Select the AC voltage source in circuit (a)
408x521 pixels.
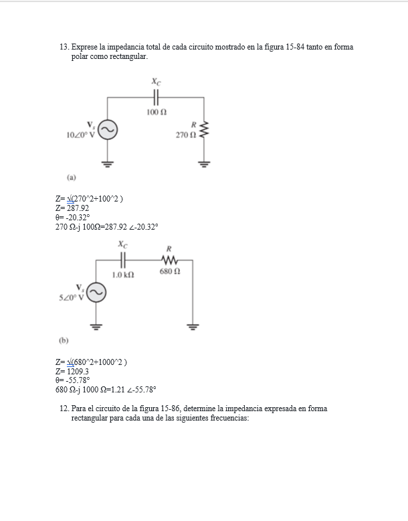(x=108, y=129)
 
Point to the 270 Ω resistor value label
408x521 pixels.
(x=185, y=135)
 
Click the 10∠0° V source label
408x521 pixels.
(x=81, y=135)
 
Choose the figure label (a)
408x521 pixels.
(x=71, y=177)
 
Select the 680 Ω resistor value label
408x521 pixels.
(x=169, y=272)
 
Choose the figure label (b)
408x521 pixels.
(x=64, y=340)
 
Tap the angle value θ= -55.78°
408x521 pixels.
(x=76, y=380)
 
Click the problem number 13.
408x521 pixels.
(x=64, y=48)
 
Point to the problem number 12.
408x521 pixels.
(x=64, y=408)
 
